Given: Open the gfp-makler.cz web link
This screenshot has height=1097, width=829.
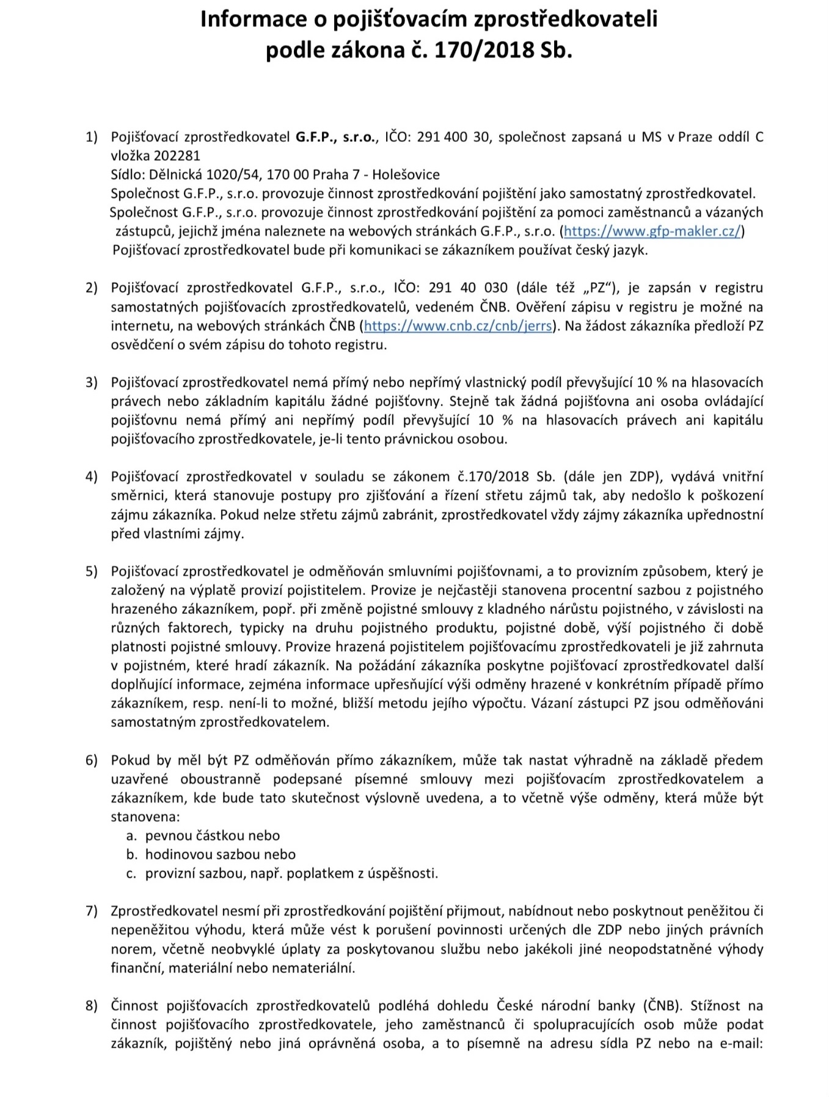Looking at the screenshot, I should [x=652, y=231].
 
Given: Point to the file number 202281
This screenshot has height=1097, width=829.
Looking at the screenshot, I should [x=177, y=156].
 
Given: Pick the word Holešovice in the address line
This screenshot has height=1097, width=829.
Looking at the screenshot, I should [x=406, y=175].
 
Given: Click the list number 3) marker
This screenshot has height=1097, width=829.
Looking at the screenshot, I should [x=91, y=383].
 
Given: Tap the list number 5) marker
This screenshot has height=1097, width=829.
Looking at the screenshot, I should [x=91, y=572].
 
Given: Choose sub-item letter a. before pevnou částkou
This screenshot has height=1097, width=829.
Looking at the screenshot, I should [x=131, y=836].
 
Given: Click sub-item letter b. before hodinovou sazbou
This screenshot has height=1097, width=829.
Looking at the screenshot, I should [x=131, y=855].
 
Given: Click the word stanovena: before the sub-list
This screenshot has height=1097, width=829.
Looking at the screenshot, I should [x=145, y=817].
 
